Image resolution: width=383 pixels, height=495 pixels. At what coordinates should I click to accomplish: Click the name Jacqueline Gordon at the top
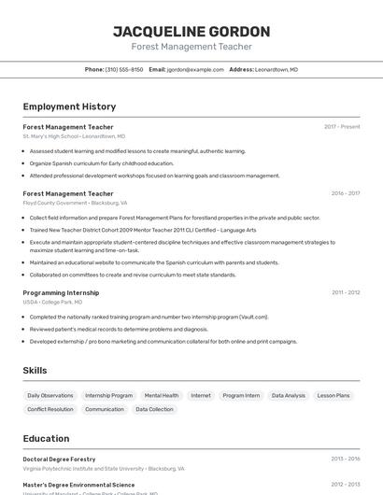click(191, 31)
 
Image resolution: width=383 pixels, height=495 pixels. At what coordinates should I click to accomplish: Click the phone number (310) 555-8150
click(124, 69)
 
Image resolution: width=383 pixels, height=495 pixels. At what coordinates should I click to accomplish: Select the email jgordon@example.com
click(195, 69)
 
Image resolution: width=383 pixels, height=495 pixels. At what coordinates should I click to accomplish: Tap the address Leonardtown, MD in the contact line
click(277, 69)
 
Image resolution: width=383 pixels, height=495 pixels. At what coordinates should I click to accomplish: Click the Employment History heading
click(69, 106)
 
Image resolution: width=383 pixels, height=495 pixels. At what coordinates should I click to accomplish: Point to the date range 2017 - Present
click(342, 127)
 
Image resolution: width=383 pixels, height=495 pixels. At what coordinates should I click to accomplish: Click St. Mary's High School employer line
click(74, 136)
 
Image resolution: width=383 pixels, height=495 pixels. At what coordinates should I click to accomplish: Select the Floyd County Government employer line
click(75, 203)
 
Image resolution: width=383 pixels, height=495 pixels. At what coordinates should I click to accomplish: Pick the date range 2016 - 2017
click(345, 193)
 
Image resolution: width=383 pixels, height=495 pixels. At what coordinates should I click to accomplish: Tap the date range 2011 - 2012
click(345, 292)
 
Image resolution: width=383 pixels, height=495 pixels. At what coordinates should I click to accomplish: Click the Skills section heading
click(35, 371)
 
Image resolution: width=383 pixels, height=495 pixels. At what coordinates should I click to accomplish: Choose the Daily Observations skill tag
click(50, 395)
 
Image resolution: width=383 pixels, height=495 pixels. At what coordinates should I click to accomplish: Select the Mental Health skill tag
click(162, 395)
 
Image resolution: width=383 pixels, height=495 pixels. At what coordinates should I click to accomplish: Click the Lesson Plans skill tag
click(333, 395)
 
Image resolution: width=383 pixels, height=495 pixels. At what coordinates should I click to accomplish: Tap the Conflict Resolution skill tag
click(50, 409)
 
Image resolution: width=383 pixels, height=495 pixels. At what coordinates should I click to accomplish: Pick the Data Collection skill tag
click(154, 409)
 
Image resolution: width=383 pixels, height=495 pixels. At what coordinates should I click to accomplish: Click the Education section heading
click(46, 439)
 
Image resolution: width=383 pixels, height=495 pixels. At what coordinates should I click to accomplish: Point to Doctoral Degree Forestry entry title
click(59, 460)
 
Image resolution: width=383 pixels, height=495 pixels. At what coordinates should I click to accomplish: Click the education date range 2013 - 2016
click(345, 460)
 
